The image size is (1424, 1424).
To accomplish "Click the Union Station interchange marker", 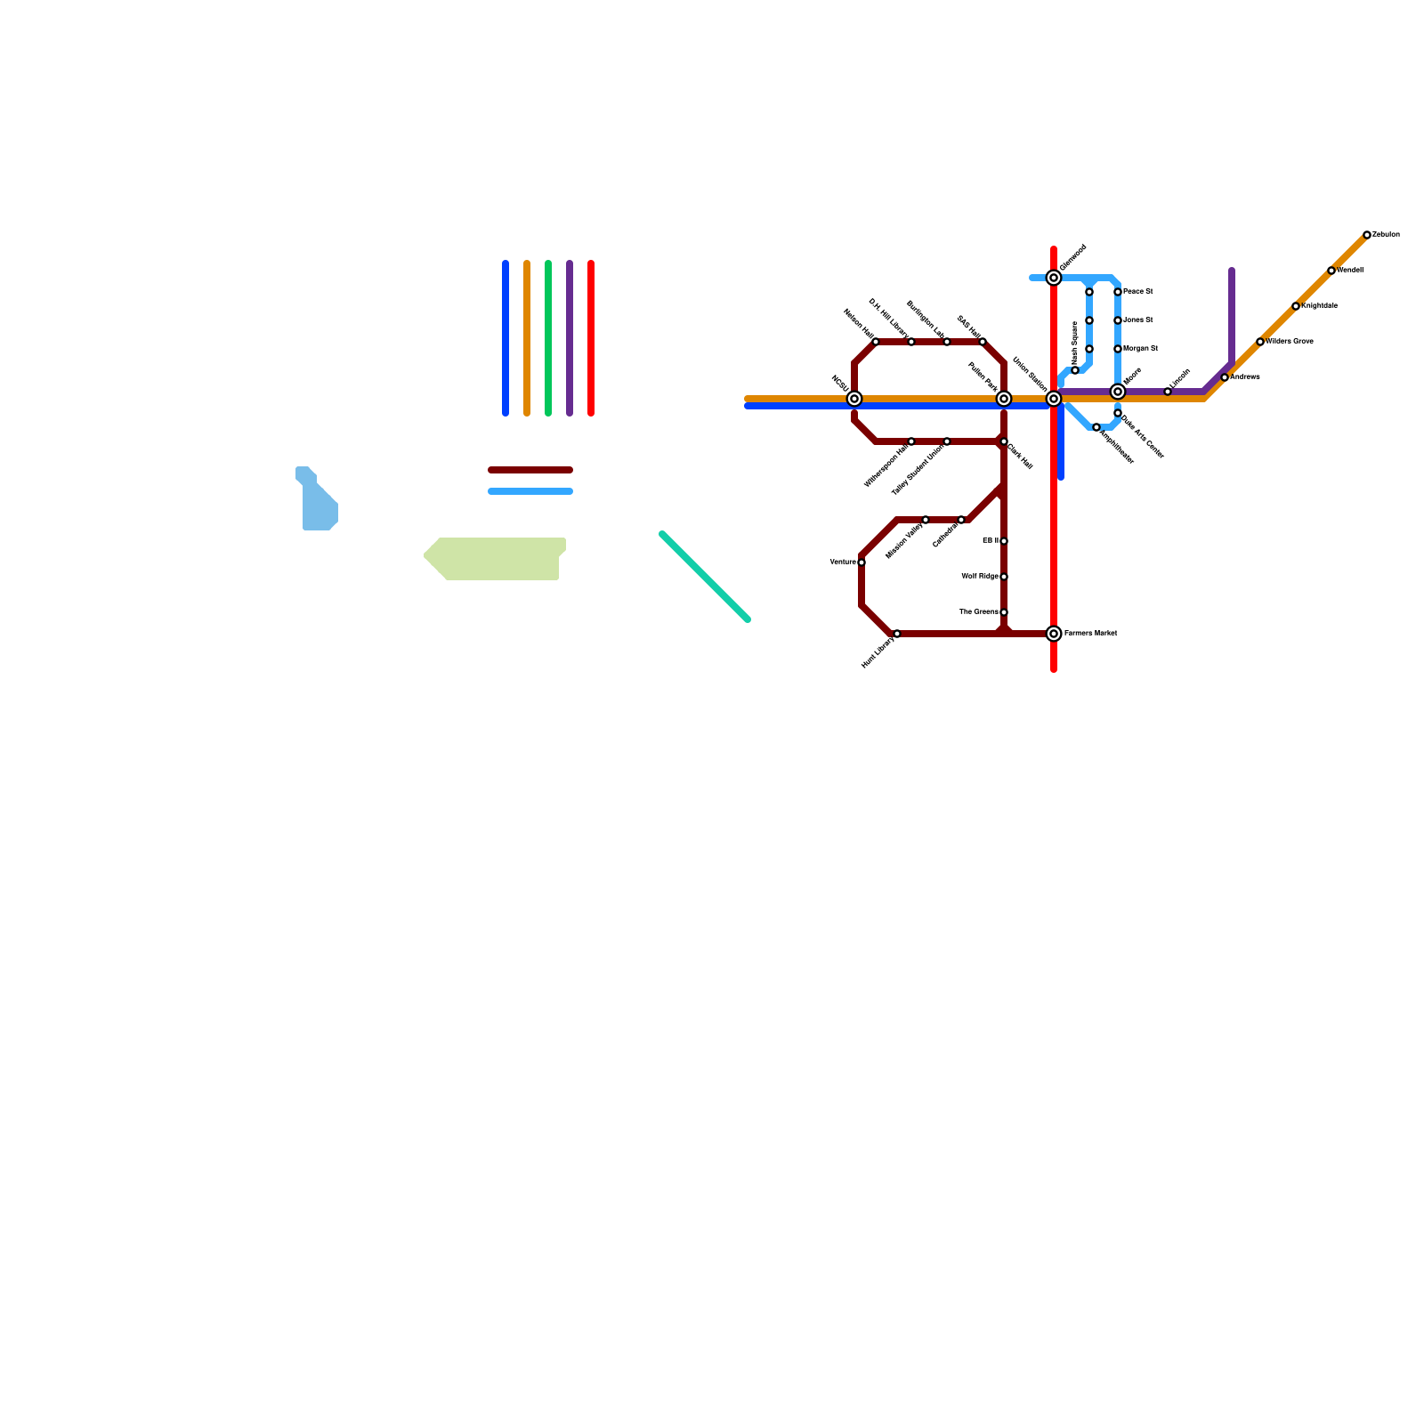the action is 1054,399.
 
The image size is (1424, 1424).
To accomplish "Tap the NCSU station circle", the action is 854,399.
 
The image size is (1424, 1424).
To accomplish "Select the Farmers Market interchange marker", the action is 1054,634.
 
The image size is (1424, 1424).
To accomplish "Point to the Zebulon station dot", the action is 1367,235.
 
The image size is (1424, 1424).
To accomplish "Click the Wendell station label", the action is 1350,270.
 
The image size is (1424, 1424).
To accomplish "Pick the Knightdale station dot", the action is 1296,306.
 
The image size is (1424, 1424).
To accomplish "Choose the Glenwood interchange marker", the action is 1054,278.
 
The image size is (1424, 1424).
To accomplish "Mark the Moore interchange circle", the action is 1118,392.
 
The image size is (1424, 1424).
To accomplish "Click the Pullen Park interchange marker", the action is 1004,399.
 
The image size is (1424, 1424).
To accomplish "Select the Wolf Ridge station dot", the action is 1004,577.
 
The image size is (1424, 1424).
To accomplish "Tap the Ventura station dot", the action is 862,562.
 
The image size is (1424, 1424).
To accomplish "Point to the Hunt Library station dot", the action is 897,634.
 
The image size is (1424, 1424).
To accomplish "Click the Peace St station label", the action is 1138,291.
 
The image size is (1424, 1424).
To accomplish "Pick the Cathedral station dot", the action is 961,520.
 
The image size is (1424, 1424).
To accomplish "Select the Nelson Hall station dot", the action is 876,342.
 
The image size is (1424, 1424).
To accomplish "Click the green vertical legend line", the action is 548,338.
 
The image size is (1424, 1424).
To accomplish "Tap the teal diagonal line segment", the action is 705,577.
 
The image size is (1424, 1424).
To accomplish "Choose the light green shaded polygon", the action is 498,559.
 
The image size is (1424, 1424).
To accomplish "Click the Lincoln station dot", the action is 1168,392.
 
